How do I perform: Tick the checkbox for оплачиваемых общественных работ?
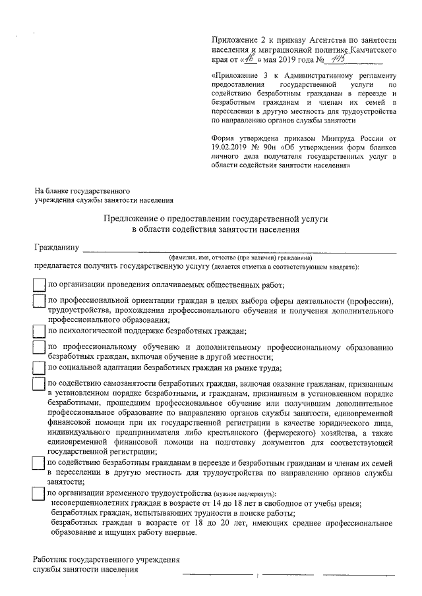coord(39,284)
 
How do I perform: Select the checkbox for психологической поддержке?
coord(39,330)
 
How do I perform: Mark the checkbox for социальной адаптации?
coord(39,367)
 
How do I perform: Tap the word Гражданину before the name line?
coord(57,248)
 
